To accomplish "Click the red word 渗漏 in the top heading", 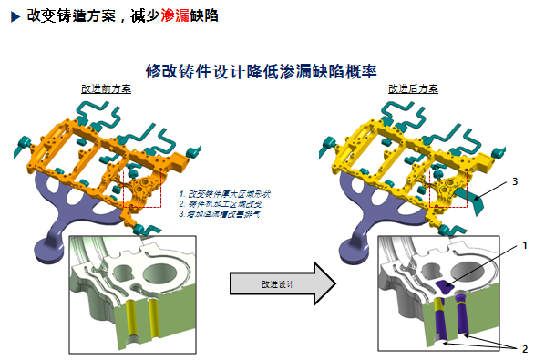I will pyautogui.click(x=177, y=16).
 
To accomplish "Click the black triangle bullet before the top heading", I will pyautogui.click(x=15, y=16).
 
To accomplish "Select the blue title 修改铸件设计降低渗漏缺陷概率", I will pyautogui.click(x=262, y=70).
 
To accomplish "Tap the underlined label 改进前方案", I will pyautogui.click(x=106, y=88).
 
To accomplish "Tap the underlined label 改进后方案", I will pyautogui.click(x=413, y=88).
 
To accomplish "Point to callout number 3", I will pyautogui.click(x=515, y=181).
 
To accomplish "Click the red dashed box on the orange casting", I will pyautogui.click(x=142, y=188).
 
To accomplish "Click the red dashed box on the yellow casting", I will pyautogui.click(x=449, y=188).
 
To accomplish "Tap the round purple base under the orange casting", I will pyautogui.click(x=46, y=247).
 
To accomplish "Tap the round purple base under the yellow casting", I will pyautogui.click(x=353, y=247).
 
